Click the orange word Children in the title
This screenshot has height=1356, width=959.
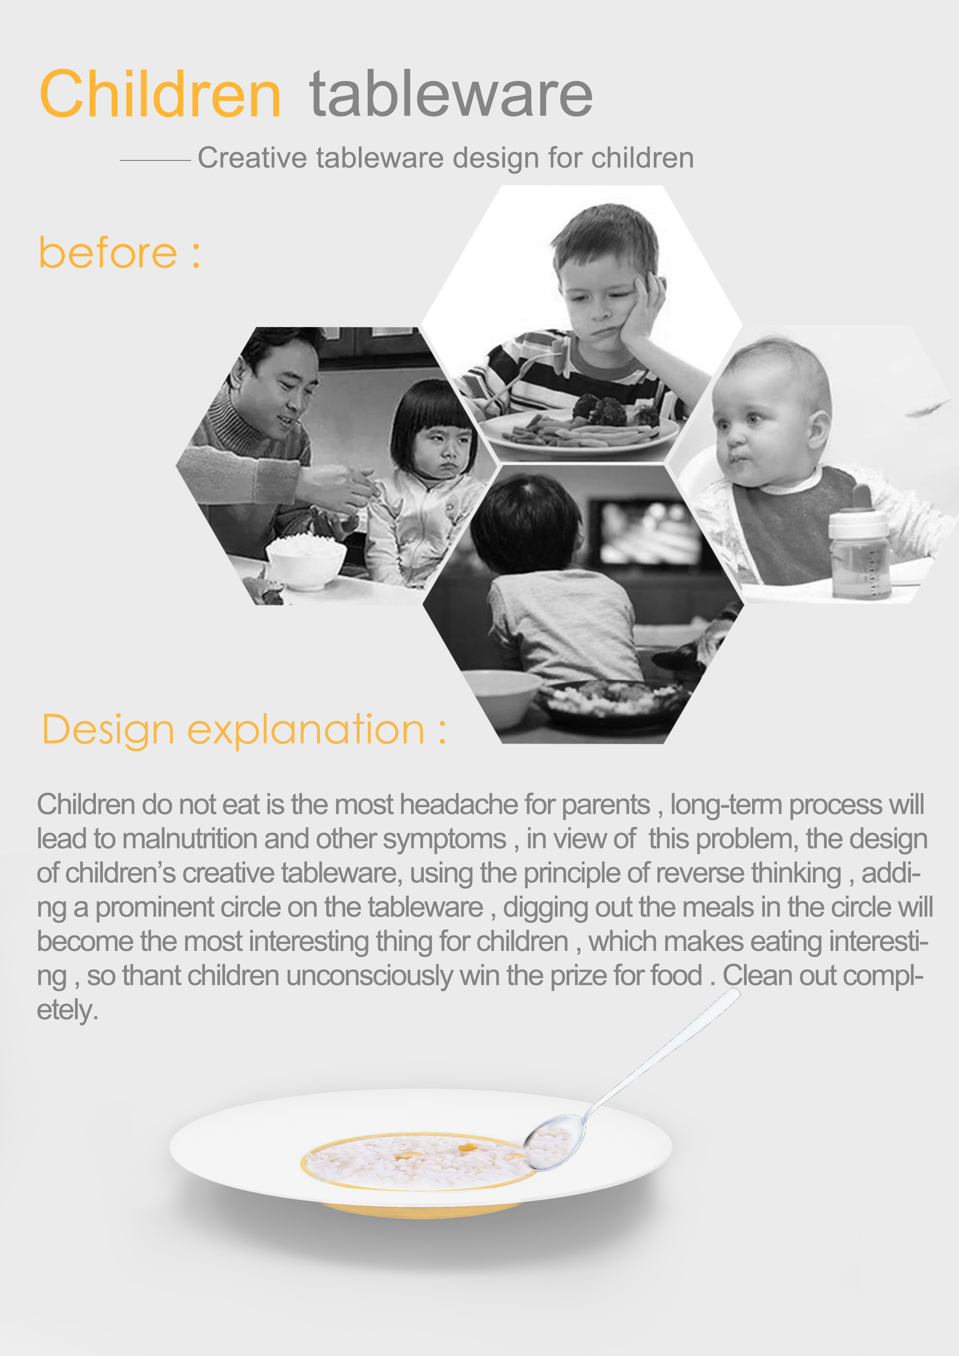click(x=160, y=94)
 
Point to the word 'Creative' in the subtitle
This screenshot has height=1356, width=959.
click(x=252, y=158)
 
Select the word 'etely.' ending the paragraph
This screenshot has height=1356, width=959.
click(x=67, y=1010)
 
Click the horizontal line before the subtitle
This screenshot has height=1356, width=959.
click(x=155, y=160)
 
